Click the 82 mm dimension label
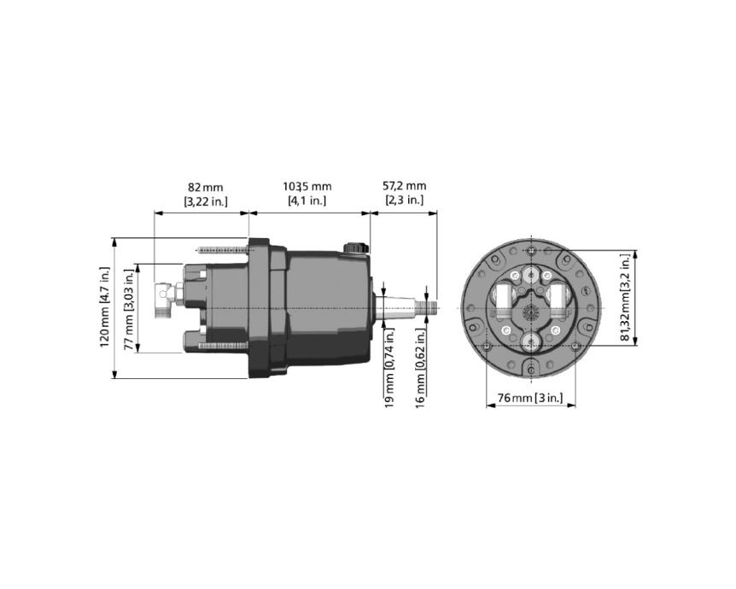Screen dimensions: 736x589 pyautogui.click(x=206, y=188)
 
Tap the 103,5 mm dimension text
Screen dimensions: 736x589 pyautogui.click(x=307, y=187)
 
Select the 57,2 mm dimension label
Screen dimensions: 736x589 pyautogui.click(x=404, y=186)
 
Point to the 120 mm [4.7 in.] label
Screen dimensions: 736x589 pyautogui.click(x=105, y=307)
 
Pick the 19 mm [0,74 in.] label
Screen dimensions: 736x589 pyautogui.click(x=389, y=367)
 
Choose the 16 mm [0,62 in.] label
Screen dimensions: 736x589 pyautogui.click(x=421, y=367)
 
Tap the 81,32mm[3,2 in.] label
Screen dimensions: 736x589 pyautogui.click(x=624, y=297)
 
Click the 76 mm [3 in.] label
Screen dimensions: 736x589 pyautogui.click(x=529, y=398)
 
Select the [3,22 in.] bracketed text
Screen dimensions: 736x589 pyautogui.click(x=206, y=201)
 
